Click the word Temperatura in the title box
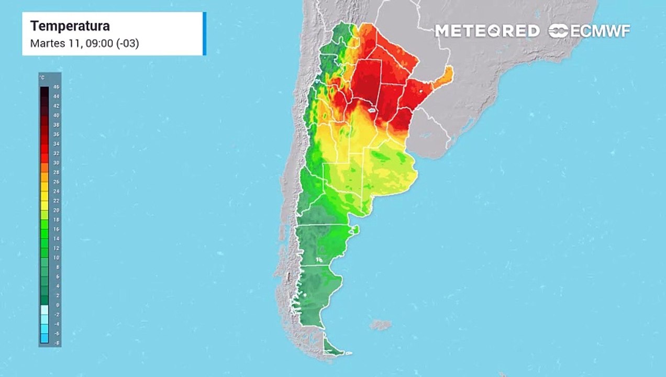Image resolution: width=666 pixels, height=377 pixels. pos(70,26)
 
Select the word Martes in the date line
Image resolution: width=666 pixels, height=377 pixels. pos(46,43)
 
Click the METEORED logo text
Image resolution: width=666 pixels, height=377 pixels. pos(487,31)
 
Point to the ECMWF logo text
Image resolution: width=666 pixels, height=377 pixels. pos(600,31)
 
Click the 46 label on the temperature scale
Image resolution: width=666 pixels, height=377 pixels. pos(57,87)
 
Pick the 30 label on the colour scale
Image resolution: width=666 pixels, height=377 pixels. pos(57,163)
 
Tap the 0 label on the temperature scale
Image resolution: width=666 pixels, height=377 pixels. pos(57,305)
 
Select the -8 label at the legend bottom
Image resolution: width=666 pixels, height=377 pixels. pos(56,342)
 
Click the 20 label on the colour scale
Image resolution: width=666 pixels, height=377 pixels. pos(57,210)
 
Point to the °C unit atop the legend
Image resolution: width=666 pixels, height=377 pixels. pos(42,78)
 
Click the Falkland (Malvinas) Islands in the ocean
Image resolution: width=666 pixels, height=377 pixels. pos(381,325)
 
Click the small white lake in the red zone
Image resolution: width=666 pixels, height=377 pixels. pos(371,111)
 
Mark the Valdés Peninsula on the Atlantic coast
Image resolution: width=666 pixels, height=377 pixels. pos(356,229)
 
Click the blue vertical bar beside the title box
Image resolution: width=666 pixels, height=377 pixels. pos(204,34)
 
